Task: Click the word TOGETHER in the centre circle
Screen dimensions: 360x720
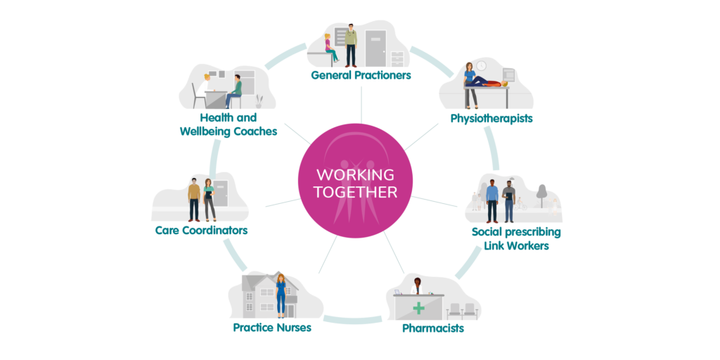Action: click(355, 192)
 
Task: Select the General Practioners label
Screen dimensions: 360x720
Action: click(361, 75)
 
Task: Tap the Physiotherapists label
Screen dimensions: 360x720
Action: click(491, 118)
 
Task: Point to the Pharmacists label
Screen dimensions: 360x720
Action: click(432, 328)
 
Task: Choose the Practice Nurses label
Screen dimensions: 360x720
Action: click(272, 327)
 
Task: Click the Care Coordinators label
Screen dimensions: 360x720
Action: click(201, 230)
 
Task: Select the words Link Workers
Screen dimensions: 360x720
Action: click(516, 245)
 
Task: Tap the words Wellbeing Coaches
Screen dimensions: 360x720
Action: click(228, 131)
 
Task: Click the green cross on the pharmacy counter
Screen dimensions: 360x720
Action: click(418, 307)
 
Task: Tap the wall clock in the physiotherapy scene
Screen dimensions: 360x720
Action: click(481, 65)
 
